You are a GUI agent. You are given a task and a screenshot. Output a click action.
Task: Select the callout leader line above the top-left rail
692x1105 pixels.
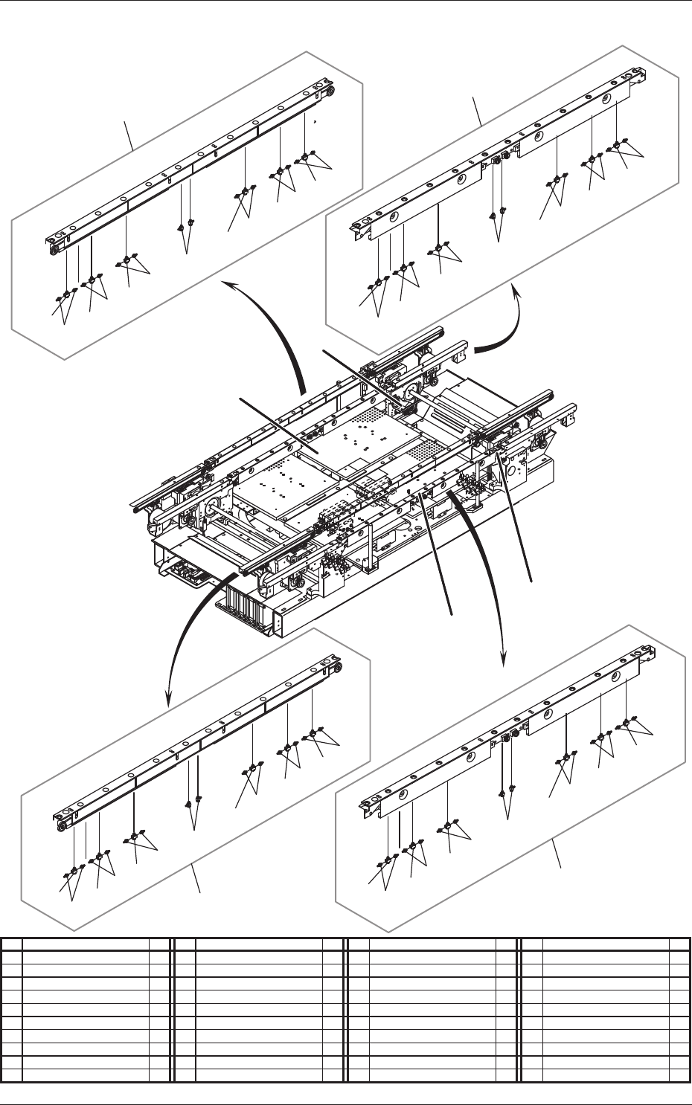[x=129, y=137]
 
